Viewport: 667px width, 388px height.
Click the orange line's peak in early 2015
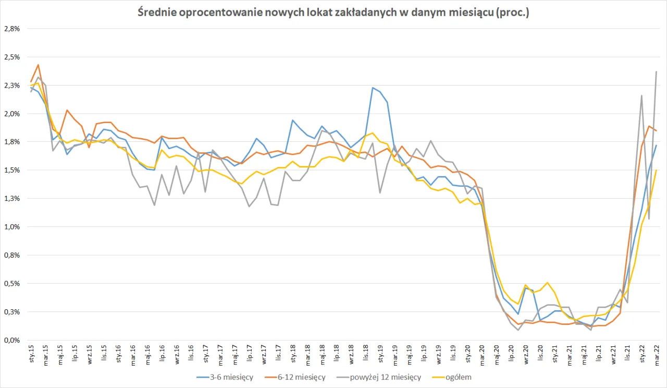38,65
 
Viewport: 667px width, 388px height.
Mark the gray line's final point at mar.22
656,71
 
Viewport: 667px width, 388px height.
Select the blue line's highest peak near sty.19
373,88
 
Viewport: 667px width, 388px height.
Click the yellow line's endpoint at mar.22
656,170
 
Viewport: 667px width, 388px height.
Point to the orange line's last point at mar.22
656,131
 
